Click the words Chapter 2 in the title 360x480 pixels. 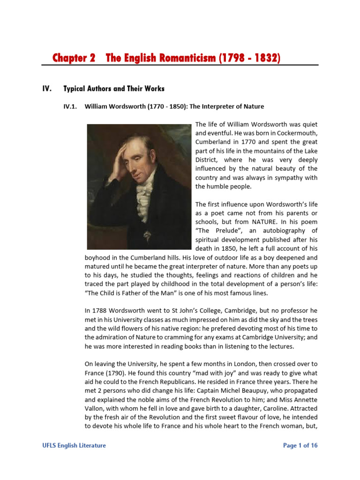pos(74,58)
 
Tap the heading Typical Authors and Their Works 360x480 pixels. pos(114,89)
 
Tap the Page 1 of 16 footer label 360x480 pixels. pos(300,445)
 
